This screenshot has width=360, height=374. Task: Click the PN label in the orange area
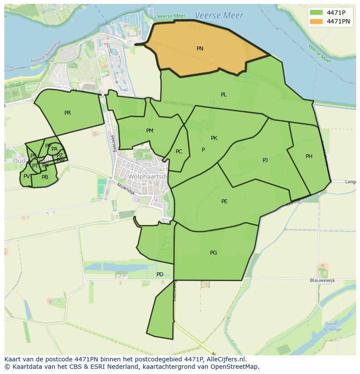[200, 49]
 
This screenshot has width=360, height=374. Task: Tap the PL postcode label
[223, 95]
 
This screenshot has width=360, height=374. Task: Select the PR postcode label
[67, 113]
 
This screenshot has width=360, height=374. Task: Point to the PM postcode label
[150, 131]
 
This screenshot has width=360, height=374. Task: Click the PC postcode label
[179, 152]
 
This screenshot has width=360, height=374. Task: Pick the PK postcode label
[214, 138]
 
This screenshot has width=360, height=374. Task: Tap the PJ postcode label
[265, 160]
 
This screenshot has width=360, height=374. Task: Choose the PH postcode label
[309, 156]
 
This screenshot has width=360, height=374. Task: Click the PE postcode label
[224, 202]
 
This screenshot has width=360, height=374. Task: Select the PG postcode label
[213, 253]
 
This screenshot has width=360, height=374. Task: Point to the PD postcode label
[160, 275]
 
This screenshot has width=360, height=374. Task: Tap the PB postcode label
[45, 177]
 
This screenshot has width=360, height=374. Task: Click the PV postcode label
[27, 176]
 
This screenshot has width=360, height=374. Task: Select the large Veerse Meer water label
[219, 16]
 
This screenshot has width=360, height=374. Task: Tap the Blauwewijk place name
[322, 281]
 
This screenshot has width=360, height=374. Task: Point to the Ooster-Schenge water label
[332, 327]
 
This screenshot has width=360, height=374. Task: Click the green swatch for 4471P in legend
[316, 13]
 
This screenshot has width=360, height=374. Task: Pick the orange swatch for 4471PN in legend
[316, 21]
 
